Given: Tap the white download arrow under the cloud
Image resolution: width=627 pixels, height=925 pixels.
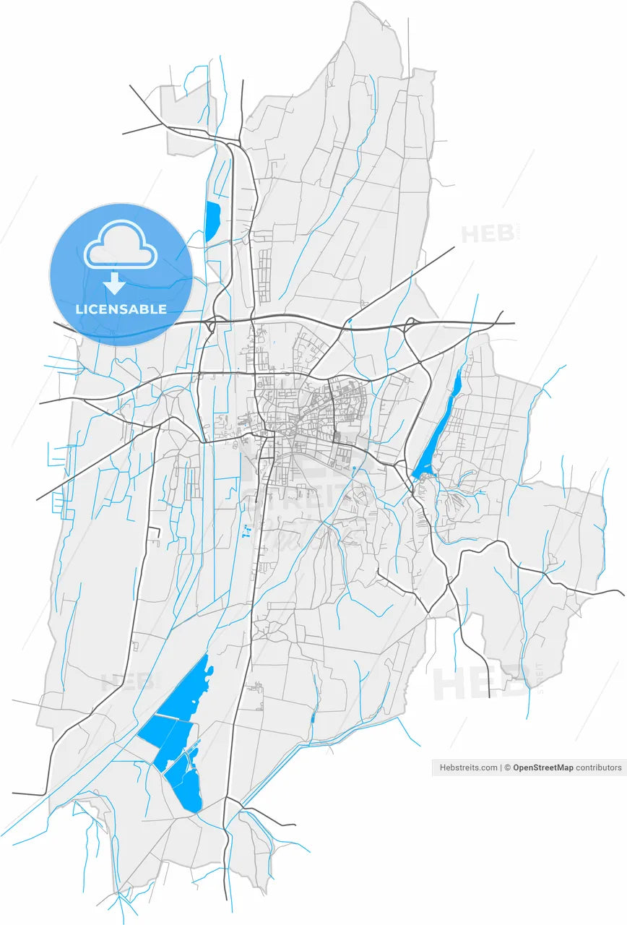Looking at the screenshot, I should (114, 283).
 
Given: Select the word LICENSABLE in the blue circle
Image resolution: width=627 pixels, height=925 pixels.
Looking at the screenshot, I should (121, 309).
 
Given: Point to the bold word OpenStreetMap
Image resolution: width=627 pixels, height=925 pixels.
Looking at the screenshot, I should (542, 767).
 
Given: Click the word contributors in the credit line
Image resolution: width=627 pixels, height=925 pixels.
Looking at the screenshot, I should (598, 767).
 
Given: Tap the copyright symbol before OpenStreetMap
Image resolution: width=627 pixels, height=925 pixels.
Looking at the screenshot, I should (508, 767).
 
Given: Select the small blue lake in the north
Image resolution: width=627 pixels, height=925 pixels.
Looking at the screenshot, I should (212, 220).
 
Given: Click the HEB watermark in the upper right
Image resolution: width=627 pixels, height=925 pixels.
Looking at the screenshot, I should (486, 234).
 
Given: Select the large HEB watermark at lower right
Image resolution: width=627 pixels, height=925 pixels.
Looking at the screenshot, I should (480, 684).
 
